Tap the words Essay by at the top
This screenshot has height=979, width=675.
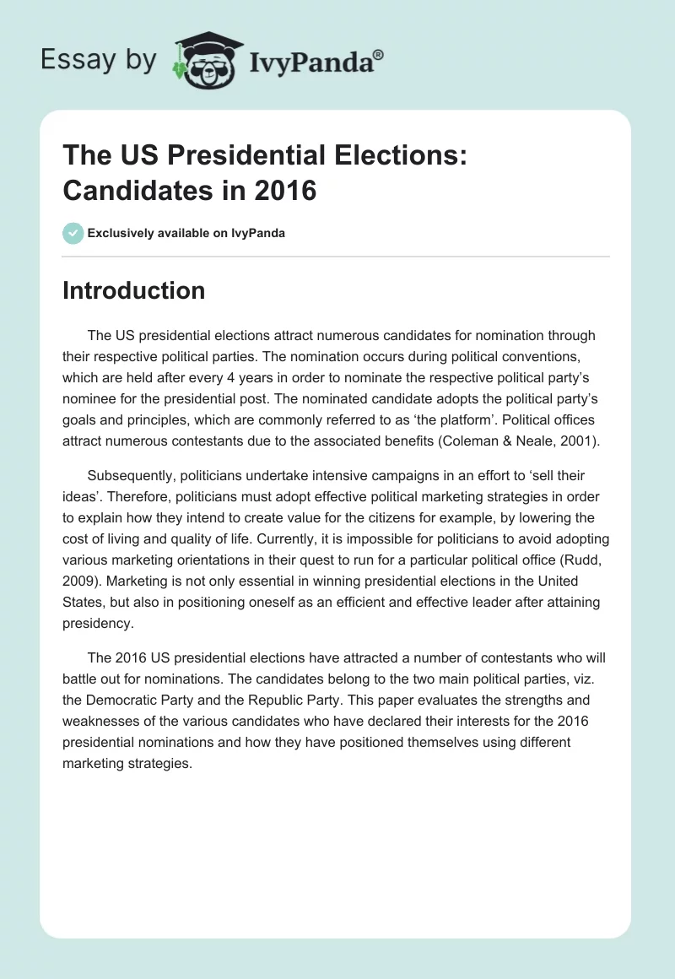[98, 60]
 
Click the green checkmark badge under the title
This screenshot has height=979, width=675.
[73, 233]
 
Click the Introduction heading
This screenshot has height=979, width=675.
[133, 290]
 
